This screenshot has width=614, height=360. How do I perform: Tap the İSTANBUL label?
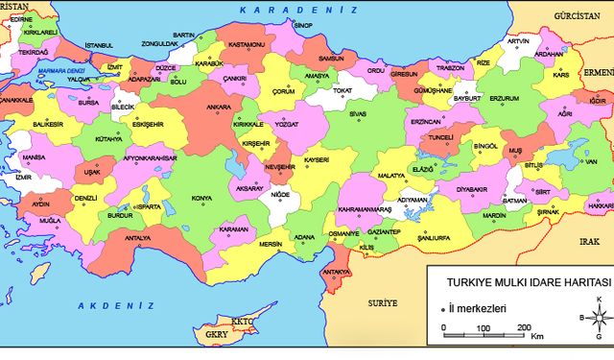[x=100, y=45]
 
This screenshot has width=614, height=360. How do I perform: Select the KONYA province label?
[x=201, y=199]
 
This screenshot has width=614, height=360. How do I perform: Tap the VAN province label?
[x=591, y=161]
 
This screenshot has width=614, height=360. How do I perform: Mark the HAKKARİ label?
[x=599, y=205]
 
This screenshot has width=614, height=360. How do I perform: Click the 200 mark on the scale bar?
[x=526, y=328]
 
